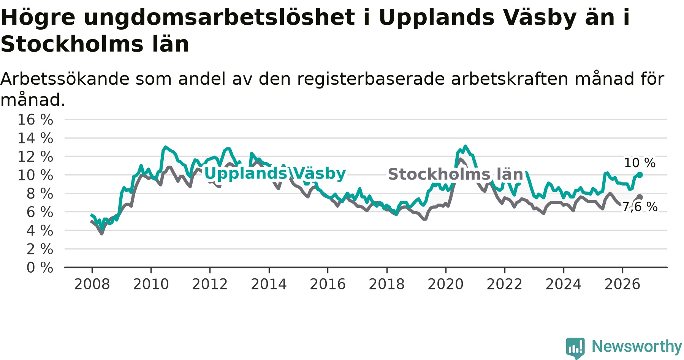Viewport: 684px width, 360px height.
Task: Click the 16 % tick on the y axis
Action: (x=35, y=120)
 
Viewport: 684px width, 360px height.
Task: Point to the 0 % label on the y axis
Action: (x=40, y=268)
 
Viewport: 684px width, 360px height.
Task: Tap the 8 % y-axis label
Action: (x=40, y=194)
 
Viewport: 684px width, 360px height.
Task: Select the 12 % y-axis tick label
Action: (x=35, y=156)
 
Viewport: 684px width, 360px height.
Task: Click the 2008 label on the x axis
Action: (x=92, y=284)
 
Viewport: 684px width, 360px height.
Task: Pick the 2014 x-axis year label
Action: (x=269, y=284)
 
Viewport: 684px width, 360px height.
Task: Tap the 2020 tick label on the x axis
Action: (x=446, y=284)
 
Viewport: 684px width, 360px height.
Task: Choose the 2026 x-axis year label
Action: (x=622, y=284)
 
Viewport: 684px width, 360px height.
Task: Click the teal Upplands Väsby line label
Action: (x=275, y=174)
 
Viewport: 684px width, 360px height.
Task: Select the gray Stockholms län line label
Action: (x=456, y=174)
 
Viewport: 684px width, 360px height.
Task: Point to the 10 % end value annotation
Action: (x=640, y=163)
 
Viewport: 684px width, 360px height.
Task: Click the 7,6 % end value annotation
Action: (x=640, y=207)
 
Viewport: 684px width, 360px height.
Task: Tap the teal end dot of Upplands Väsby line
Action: (x=640, y=175)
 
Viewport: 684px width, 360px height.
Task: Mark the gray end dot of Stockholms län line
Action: (x=640, y=197)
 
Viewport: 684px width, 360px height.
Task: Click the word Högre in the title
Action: (x=38, y=18)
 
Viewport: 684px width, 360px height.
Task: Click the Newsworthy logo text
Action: (x=637, y=346)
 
